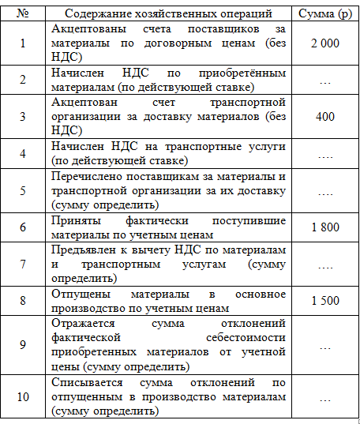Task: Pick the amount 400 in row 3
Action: point(324,117)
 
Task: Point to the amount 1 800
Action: point(324,227)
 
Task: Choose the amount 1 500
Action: point(324,301)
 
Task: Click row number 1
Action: point(24,41)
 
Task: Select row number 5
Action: point(24,190)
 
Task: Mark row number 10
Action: point(24,397)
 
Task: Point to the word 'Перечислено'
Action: point(84,176)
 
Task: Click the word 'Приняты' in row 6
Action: point(71,220)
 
